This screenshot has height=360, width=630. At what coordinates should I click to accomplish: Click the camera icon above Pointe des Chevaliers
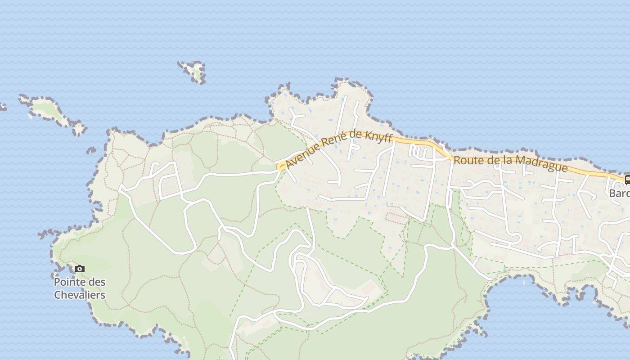click(80, 269)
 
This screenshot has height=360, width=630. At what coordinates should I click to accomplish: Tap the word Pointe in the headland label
click(67, 282)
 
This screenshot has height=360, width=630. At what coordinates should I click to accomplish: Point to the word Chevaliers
click(80, 295)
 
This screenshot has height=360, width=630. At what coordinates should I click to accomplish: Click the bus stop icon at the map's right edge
click(627, 180)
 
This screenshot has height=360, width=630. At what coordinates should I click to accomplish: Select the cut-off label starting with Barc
click(619, 193)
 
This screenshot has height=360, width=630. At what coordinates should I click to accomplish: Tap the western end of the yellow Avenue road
click(280, 167)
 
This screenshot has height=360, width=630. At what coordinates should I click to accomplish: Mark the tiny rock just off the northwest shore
click(91, 150)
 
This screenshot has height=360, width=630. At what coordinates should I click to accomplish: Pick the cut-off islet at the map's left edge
click(2, 107)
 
